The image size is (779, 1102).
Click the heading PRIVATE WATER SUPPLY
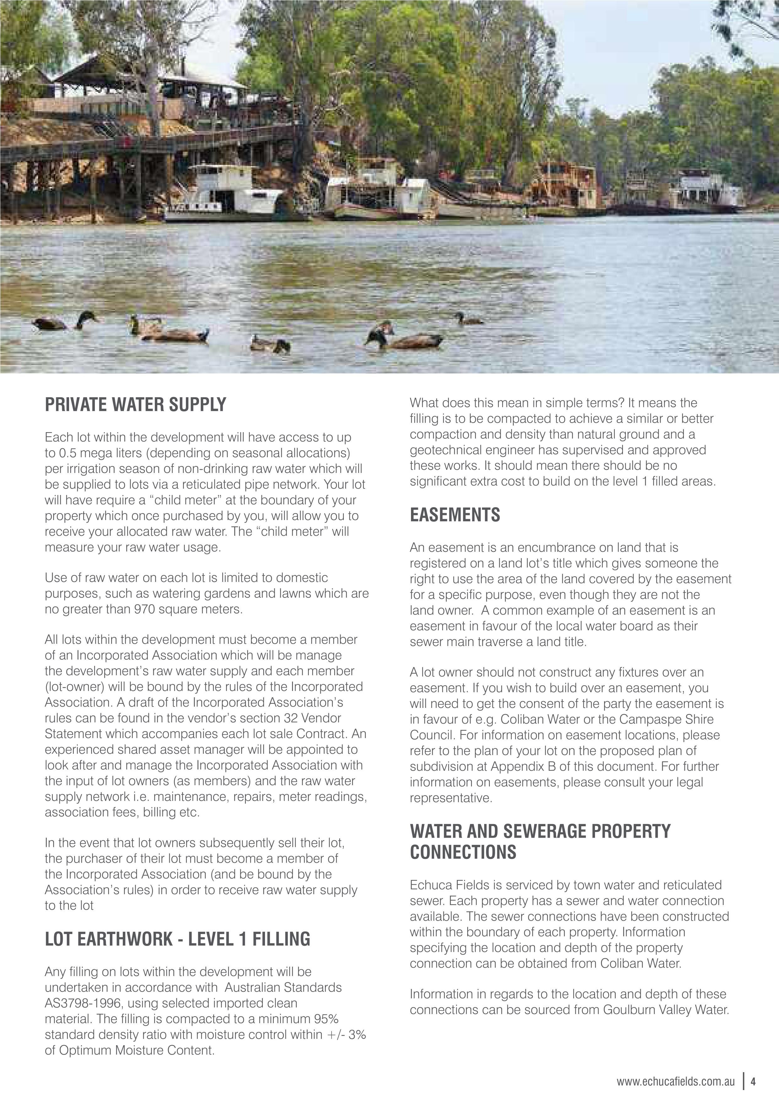click(135, 404)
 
